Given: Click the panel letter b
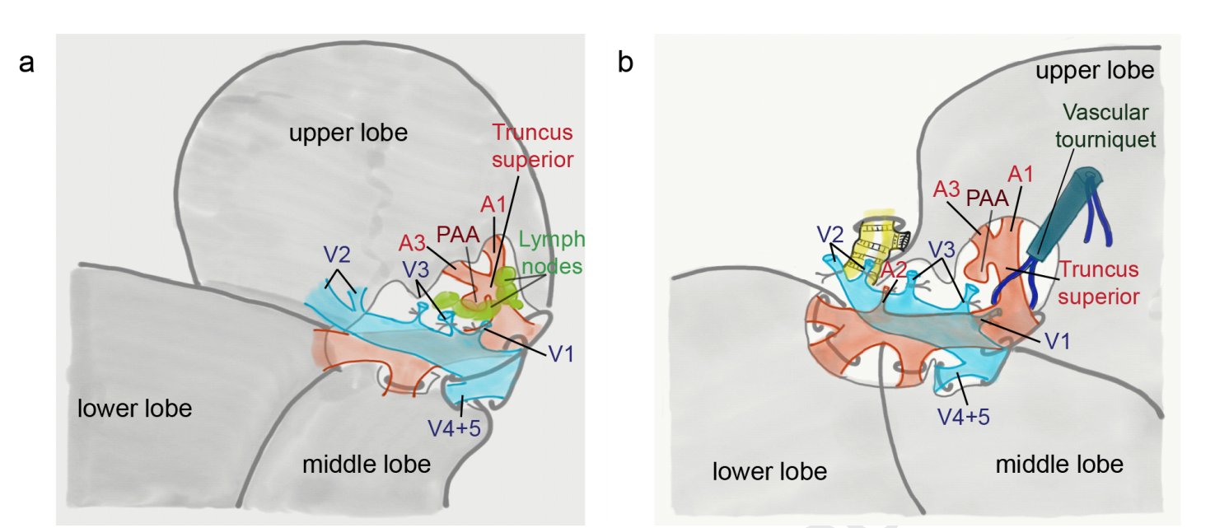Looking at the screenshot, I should point(626,63).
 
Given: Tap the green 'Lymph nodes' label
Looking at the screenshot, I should point(552,252).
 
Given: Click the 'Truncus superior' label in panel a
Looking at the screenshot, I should point(532,145).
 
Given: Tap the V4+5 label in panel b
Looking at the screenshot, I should point(963,416).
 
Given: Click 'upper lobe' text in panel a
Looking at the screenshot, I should point(348,133).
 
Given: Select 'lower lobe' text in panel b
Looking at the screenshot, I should point(769,471).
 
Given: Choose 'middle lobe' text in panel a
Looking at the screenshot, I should point(367,464).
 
